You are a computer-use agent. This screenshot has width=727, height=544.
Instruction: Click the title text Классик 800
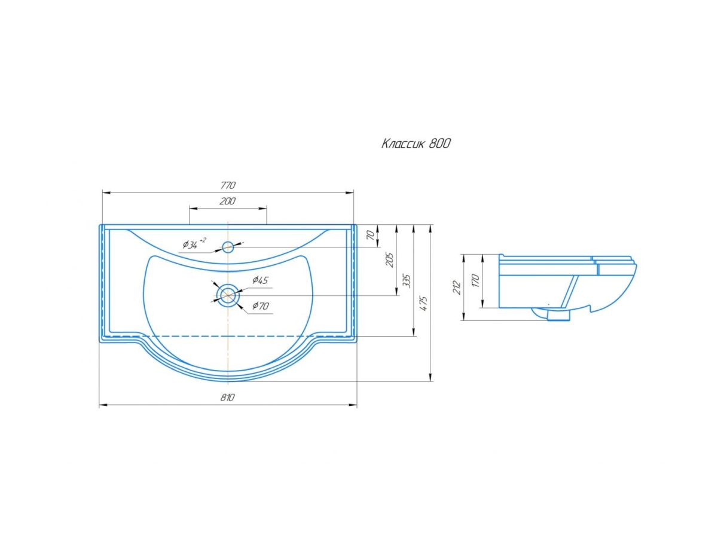pyautogui.click(x=416, y=143)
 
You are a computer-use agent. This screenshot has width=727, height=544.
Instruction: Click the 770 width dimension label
pyautogui.click(x=228, y=185)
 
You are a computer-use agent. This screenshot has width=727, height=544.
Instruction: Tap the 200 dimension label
pyautogui.click(x=227, y=201)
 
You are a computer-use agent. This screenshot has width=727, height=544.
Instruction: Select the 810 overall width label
pyautogui.click(x=227, y=398)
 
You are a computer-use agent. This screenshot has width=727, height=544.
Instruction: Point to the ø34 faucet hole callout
pyautogui.click(x=194, y=244)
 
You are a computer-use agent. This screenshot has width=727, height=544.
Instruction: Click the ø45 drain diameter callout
pyautogui.click(x=260, y=280)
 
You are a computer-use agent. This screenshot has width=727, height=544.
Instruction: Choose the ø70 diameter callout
pyautogui.click(x=261, y=305)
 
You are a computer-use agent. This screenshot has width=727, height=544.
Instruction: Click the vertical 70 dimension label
pyautogui.click(x=371, y=236)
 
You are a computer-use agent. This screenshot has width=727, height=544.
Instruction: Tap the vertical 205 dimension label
pyautogui.click(x=389, y=260)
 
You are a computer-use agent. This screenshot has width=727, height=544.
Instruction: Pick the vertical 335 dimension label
pyautogui.click(x=407, y=281)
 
